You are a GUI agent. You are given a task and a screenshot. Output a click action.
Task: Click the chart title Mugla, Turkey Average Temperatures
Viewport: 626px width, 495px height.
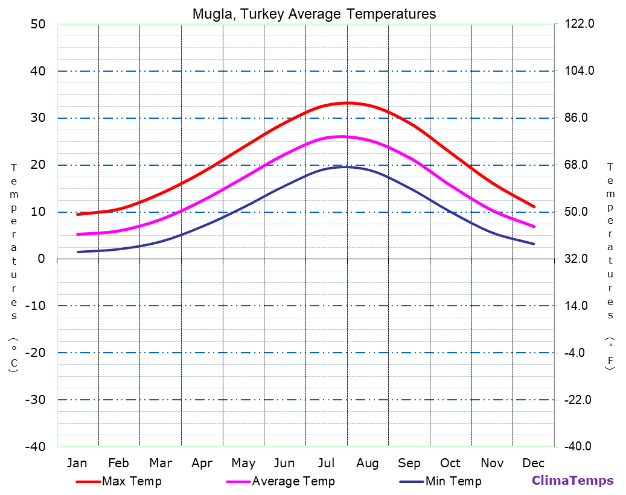pyautogui.click(x=314, y=14)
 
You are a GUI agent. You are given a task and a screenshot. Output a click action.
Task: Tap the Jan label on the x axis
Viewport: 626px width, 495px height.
pyautogui.click(x=77, y=463)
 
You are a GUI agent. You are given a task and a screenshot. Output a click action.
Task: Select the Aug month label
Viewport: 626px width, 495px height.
pyautogui.click(x=367, y=463)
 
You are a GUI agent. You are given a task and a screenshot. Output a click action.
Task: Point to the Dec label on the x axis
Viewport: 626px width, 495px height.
pyautogui.click(x=534, y=463)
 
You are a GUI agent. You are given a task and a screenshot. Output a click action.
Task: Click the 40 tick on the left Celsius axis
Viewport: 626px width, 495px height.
pyautogui.click(x=38, y=71)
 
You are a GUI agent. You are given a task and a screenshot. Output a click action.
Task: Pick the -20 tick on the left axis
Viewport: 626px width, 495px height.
pyautogui.click(x=35, y=353)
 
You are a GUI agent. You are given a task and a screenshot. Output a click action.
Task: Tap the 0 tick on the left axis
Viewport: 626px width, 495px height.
pyautogui.click(x=41, y=259)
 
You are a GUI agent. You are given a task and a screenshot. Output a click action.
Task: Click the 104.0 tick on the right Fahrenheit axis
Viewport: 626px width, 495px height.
pyautogui.click(x=579, y=71)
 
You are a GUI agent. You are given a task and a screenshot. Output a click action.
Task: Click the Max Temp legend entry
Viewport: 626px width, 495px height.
pyautogui.click(x=131, y=481)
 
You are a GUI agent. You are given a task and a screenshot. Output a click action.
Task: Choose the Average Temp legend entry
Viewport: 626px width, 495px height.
pyautogui.click(x=293, y=481)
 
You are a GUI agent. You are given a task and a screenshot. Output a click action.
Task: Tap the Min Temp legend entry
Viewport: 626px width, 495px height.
pyautogui.click(x=453, y=481)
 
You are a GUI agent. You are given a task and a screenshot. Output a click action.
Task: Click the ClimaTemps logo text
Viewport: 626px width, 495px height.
pyautogui.click(x=572, y=481)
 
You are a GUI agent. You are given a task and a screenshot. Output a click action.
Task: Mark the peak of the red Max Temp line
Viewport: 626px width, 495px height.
pyautogui.click(x=347, y=102)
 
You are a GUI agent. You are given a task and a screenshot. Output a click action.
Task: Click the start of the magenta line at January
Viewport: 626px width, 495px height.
pyautogui.click(x=78, y=234)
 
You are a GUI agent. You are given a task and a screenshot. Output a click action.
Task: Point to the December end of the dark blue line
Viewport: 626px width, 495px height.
pyautogui.click(x=534, y=244)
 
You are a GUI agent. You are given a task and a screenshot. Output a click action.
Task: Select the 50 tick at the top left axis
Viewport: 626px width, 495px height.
pyautogui.click(x=38, y=24)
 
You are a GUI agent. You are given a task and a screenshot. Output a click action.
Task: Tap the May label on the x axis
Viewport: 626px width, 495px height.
pyautogui.click(x=243, y=463)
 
